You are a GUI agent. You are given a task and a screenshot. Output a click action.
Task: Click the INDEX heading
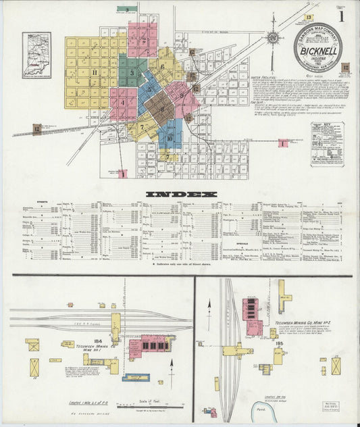coord(180,195)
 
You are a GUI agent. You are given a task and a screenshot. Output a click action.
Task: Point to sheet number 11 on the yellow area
coord(95,72)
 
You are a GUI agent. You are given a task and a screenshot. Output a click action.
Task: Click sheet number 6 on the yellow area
coord(162,67)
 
